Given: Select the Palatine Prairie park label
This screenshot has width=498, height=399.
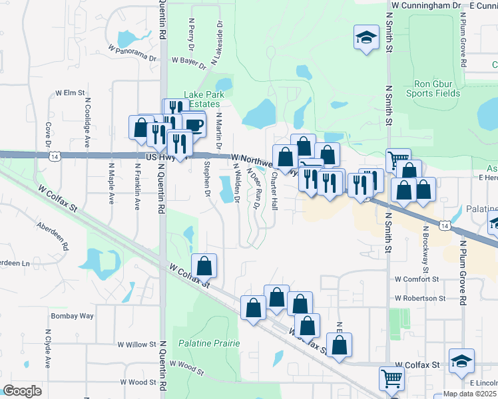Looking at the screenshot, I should (208, 343).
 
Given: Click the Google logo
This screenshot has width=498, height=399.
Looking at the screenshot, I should (22, 390).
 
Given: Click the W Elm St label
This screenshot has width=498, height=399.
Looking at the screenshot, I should (71, 93).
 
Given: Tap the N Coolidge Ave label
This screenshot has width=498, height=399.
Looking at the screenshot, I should (87, 123).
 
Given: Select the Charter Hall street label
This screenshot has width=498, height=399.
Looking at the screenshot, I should (274, 192).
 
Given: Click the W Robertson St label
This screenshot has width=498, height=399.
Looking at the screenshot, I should (419, 299).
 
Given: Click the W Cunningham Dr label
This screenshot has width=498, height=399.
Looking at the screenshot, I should (426, 5).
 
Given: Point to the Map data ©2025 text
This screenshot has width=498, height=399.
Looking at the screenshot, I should (469, 394).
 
